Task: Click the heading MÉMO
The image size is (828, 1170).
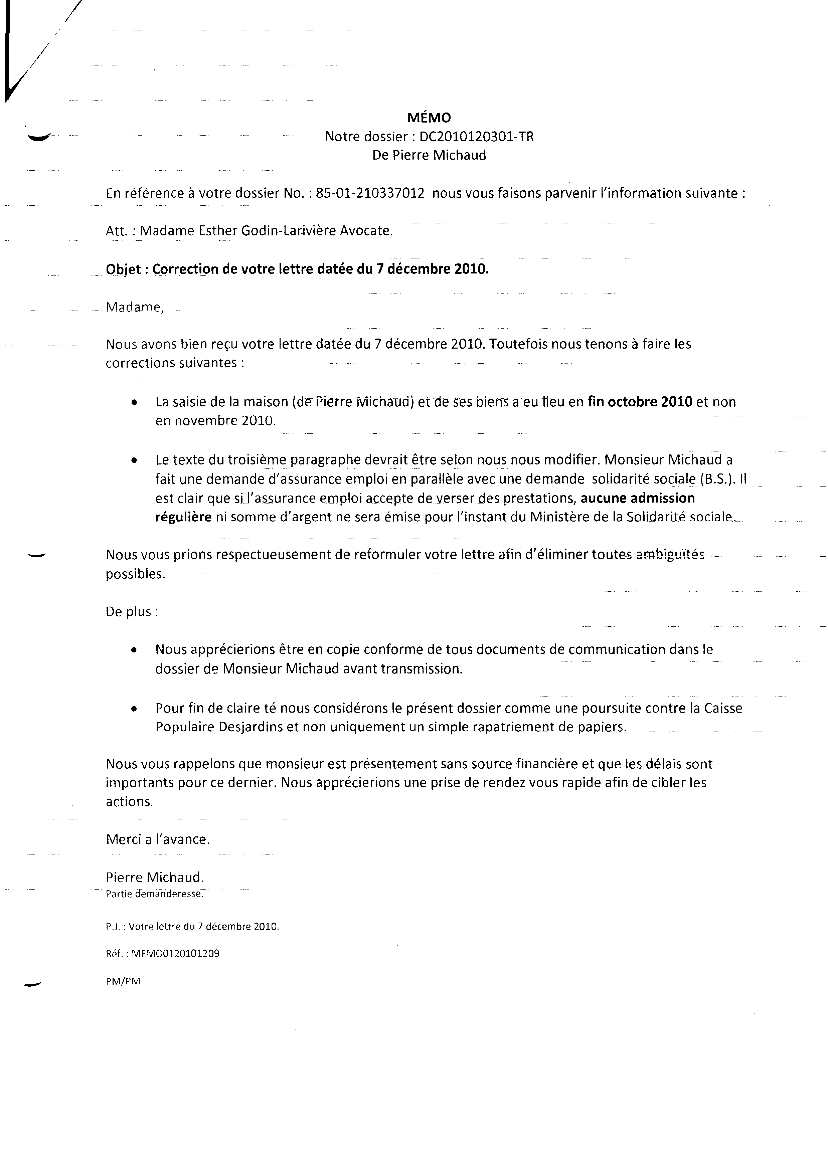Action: point(429,118)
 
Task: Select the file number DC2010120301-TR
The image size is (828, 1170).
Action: point(476,137)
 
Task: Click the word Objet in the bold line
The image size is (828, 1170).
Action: point(122,269)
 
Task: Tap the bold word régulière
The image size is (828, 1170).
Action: point(184,517)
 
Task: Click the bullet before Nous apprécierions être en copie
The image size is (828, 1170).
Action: point(134,651)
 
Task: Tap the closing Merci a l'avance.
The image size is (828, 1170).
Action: point(158,839)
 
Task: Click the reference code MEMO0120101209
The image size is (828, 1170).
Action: point(175,953)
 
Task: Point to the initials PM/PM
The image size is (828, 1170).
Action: point(123,981)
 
